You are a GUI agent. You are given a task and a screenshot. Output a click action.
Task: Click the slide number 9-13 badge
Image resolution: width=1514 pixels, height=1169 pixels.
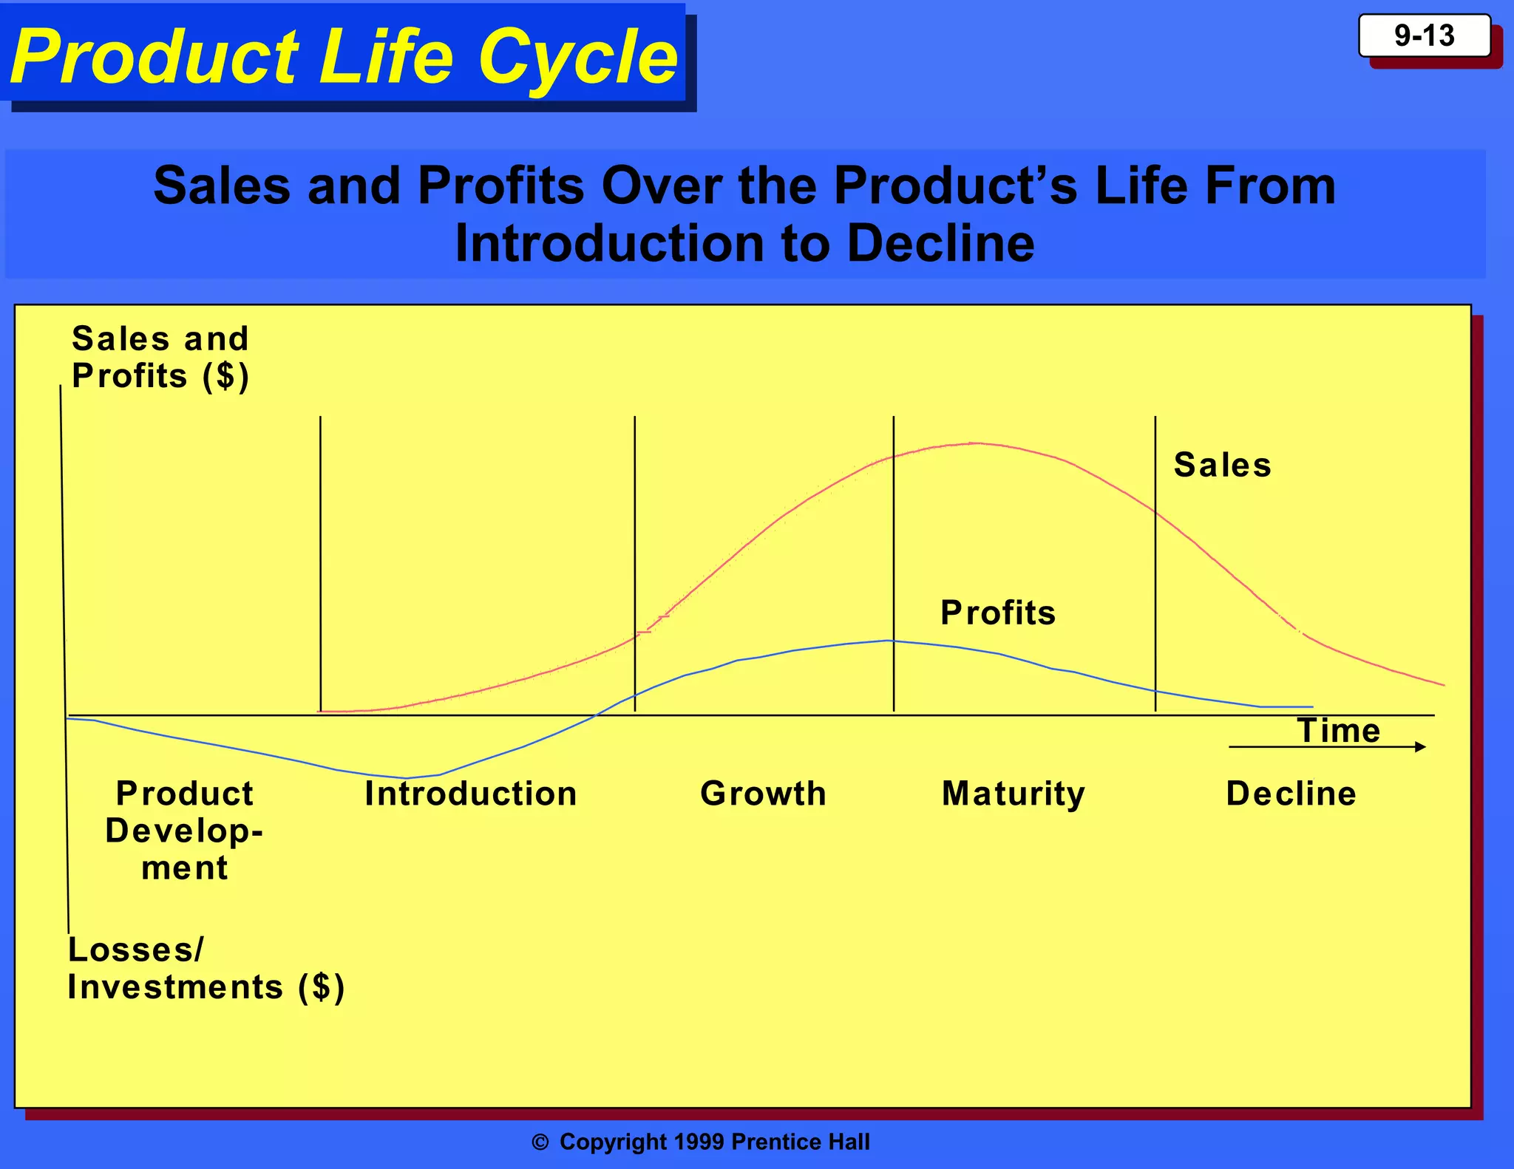[x=1424, y=35]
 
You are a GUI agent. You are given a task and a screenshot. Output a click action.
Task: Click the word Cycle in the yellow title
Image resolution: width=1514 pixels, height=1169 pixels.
[x=577, y=58]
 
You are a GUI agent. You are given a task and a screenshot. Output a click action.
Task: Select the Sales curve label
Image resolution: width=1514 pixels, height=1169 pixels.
[x=1222, y=466]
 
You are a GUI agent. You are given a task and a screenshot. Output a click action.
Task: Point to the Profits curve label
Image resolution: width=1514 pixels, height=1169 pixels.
[x=997, y=613]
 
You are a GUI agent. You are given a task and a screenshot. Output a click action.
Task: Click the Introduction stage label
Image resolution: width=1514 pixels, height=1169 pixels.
[x=470, y=794]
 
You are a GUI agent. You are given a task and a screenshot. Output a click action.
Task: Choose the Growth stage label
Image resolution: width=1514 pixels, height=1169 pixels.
[x=763, y=794]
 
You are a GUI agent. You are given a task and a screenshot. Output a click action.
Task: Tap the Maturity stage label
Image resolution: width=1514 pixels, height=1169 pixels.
[x=1013, y=794]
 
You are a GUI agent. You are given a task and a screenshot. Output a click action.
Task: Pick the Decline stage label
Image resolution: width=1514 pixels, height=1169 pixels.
[x=1291, y=794]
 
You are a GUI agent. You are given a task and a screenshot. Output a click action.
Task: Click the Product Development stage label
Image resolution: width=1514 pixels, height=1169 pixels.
[x=184, y=831]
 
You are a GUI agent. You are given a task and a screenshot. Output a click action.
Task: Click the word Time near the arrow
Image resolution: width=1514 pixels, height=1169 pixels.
[x=1339, y=730]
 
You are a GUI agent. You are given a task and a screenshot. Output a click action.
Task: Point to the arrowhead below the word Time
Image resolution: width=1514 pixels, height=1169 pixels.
[x=1420, y=747]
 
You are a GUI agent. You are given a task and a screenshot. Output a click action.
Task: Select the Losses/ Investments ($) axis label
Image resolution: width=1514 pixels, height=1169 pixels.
[x=206, y=969]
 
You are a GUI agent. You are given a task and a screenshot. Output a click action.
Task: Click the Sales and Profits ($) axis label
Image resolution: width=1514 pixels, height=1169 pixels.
[x=160, y=358]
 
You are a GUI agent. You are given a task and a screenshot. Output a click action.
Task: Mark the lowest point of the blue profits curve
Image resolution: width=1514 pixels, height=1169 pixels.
[x=405, y=778]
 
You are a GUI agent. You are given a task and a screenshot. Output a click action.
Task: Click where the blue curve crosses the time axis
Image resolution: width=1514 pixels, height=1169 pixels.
[x=595, y=715]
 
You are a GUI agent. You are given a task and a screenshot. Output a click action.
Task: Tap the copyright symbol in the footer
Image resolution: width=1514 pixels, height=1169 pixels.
[x=540, y=1142]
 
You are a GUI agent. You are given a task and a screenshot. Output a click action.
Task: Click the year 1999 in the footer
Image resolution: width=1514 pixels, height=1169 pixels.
[x=699, y=1142]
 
